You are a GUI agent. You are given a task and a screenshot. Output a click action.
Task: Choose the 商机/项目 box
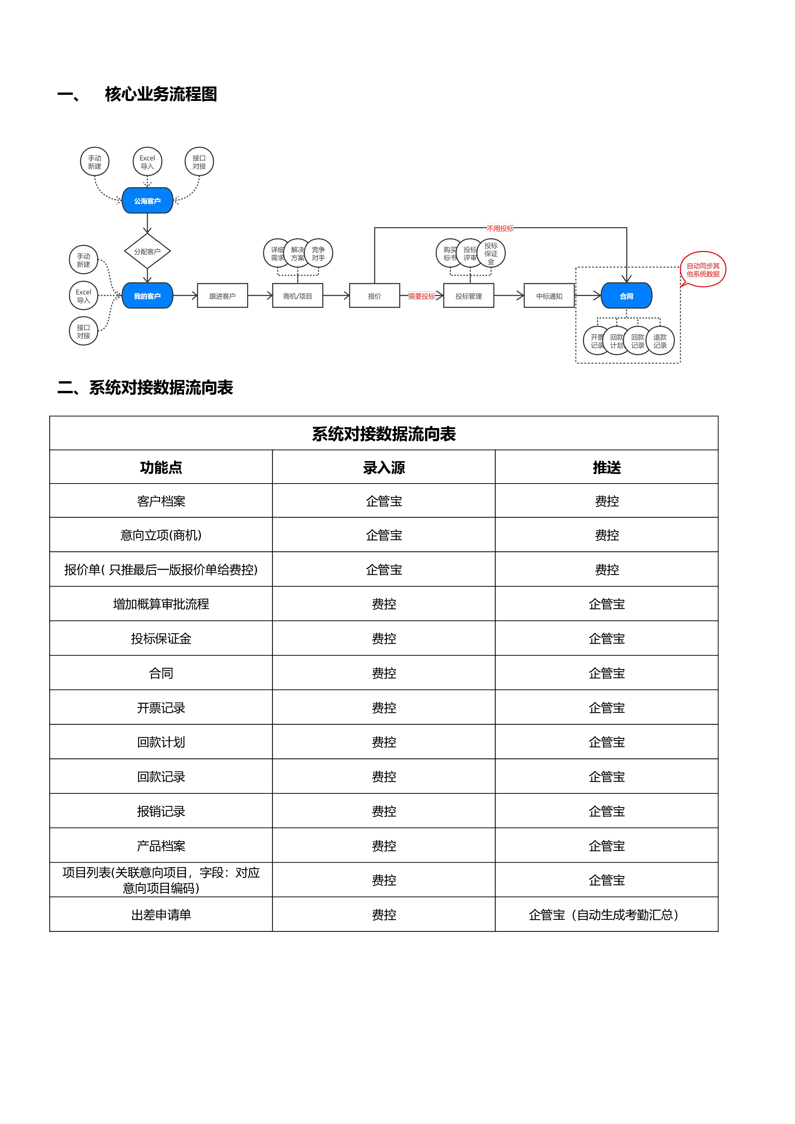297,296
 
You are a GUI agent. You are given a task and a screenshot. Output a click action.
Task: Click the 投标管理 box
468,296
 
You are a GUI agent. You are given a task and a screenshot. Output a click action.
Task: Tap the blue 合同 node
626,296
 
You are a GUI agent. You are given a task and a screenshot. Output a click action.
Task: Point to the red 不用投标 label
500,228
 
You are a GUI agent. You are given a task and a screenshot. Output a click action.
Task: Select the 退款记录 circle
660,341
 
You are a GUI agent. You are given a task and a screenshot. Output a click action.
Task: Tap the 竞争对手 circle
319,253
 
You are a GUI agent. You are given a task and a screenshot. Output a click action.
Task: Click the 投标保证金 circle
491,253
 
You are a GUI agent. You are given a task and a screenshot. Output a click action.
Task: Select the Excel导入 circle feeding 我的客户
83,296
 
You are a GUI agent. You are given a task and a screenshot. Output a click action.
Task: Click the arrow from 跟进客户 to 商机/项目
260,296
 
